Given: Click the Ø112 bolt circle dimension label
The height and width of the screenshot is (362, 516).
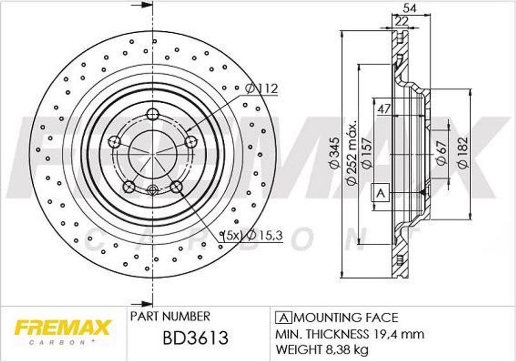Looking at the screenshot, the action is point(262,89).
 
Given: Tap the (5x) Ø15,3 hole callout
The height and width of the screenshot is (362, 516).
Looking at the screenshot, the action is point(252,236).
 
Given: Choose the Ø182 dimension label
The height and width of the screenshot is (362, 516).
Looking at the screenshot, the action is point(463,153).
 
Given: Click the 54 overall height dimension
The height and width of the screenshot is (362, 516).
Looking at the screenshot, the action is point(410,8).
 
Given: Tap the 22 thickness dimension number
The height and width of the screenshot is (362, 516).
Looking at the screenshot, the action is point(402,21).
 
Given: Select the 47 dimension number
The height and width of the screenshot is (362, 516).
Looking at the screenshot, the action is point(384,109).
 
